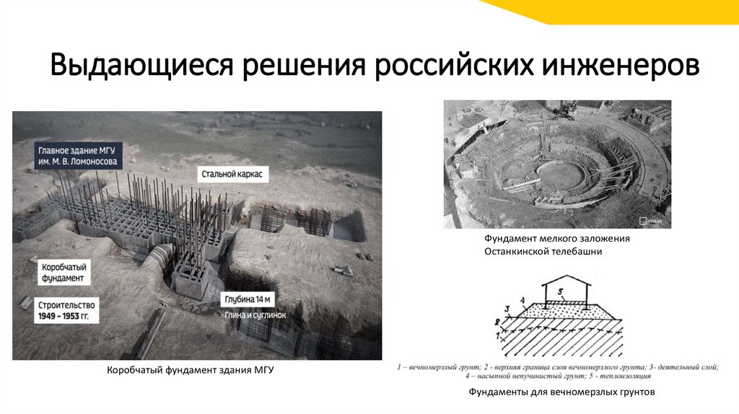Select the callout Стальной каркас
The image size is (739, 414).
pos(232,175)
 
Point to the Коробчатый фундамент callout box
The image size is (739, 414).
pos(63,271)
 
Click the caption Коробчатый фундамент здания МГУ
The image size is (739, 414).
pos(191,370)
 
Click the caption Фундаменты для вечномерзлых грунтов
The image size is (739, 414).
pos(561,392)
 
